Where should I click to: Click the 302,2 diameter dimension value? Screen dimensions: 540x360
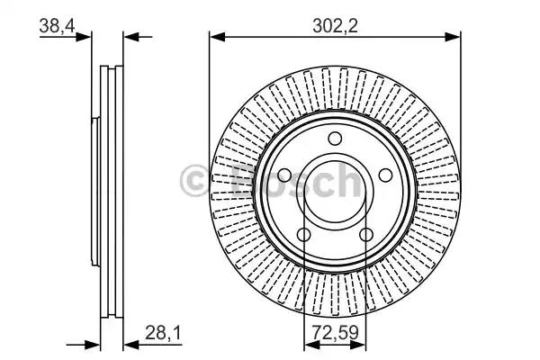click(335, 26)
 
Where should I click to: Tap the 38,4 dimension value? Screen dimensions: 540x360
click(58, 26)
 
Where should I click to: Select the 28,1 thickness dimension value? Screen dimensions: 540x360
click(163, 333)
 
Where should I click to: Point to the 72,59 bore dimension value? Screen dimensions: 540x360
click(336, 332)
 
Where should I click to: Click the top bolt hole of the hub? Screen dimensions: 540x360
click(335, 139)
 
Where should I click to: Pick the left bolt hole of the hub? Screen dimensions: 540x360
click(284, 175)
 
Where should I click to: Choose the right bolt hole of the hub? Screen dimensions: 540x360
click(385, 175)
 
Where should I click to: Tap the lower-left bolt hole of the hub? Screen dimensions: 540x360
click(304, 235)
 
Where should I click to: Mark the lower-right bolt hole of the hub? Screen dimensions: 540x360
click(366, 235)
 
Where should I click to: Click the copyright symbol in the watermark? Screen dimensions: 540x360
click(194, 181)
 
